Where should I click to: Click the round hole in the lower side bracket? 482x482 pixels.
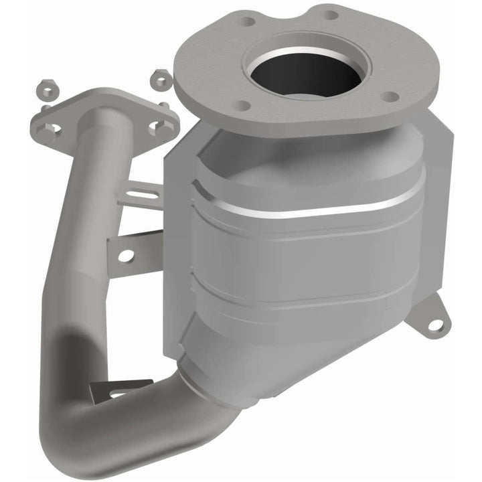click(x=125, y=255)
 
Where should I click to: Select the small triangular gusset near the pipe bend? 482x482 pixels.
click(x=127, y=389)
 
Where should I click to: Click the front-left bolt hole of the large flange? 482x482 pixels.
click(x=244, y=106)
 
